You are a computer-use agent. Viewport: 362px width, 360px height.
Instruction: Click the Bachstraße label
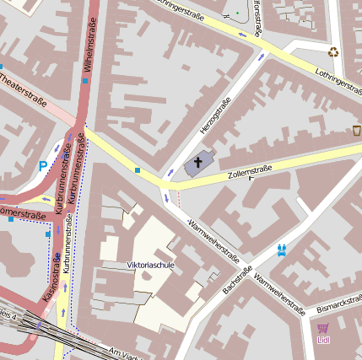pyautogui.click(x=238, y=281)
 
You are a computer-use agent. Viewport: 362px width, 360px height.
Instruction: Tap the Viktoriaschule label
pyautogui.click(x=150, y=265)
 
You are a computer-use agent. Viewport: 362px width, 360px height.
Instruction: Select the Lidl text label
pyautogui.click(x=323, y=340)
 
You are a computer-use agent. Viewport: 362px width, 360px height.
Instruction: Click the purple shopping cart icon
pyautogui.click(x=323, y=328)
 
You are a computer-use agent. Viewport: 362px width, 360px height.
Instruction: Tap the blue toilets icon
pyautogui.click(x=282, y=250)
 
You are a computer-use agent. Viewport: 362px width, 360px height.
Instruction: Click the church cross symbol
pyautogui.click(x=200, y=162)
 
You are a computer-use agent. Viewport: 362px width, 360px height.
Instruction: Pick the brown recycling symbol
pyautogui.click(x=333, y=51)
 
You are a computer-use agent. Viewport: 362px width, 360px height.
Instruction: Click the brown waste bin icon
pyautogui.click(x=356, y=131)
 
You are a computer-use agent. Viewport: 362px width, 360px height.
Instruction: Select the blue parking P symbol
pyautogui.click(x=42, y=166)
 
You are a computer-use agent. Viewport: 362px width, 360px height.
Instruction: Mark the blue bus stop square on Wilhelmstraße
pyautogui.click(x=85, y=81)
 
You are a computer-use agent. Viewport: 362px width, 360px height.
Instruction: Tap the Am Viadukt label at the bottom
pyautogui.click(x=122, y=352)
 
